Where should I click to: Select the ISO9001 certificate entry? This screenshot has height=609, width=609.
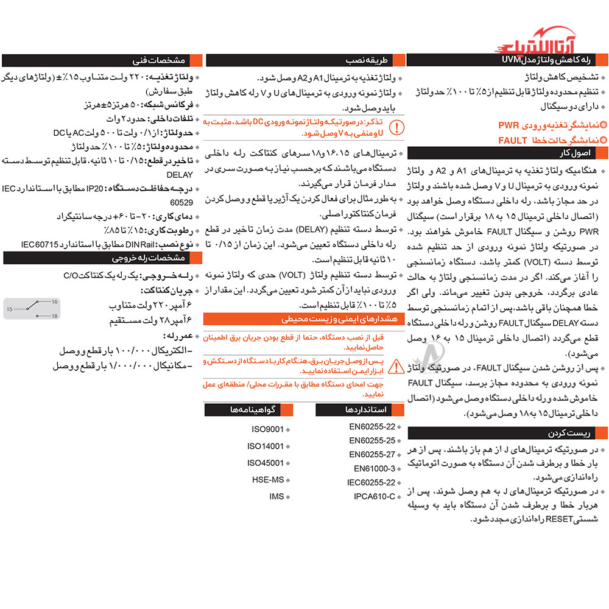click(268, 429)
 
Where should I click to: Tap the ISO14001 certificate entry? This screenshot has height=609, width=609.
click(266, 446)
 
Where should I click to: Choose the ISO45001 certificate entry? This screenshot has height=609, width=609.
click(266, 462)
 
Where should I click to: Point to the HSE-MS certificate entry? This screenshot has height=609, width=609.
click(268, 479)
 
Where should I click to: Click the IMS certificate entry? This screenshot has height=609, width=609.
click(276, 496)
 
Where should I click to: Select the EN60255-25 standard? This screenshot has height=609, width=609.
click(372, 440)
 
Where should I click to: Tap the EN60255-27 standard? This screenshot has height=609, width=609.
click(372, 454)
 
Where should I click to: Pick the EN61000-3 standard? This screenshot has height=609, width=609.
click(375, 468)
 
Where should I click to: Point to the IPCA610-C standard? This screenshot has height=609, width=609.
click(375, 496)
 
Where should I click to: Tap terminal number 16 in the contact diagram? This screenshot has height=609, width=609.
click(54, 301)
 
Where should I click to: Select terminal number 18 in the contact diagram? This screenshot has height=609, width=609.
click(54, 316)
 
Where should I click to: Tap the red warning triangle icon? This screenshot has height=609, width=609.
click(396, 367)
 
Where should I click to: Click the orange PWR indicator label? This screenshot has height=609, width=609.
click(510, 126)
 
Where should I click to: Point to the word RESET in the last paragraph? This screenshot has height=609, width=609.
click(551, 519)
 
